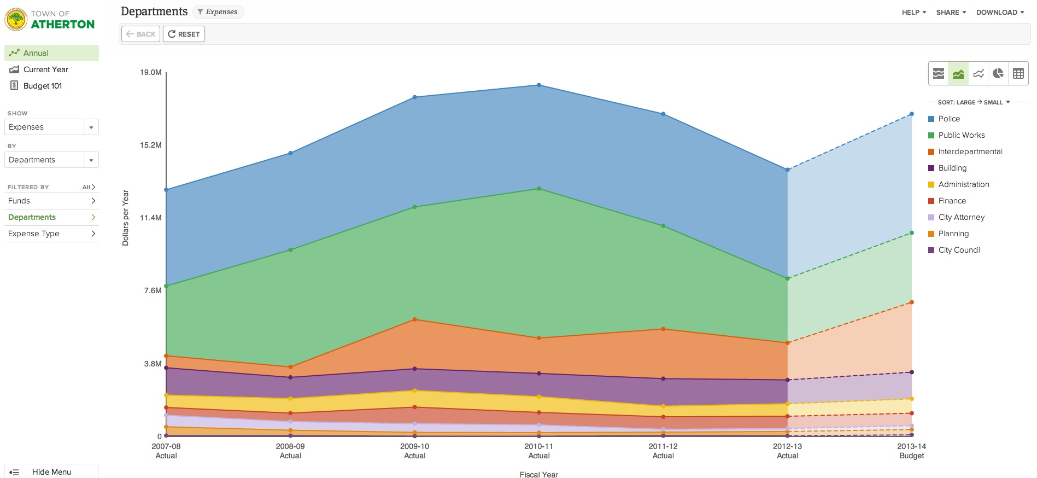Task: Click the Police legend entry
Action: point(948,119)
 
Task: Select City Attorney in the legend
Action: point(961,217)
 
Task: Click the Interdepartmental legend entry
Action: point(970,151)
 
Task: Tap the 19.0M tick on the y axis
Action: point(151,72)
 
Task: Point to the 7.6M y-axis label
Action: point(153,290)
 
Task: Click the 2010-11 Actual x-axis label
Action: point(539,451)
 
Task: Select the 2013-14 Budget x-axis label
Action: point(911,451)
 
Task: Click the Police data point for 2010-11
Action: point(539,85)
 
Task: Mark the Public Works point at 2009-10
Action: point(415,207)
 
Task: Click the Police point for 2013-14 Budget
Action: point(912,114)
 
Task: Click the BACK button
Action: point(140,34)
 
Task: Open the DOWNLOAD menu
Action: point(1000,12)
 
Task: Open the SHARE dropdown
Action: point(951,12)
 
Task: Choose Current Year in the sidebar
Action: point(45,69)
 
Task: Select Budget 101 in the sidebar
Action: point(43,86)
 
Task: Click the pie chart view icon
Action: point(998,73)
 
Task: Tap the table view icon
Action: point(1018,73)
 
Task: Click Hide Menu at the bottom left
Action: point(51,472)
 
